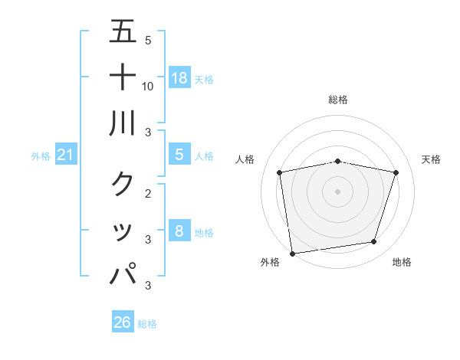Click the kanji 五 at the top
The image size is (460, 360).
123,31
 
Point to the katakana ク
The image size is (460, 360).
123,184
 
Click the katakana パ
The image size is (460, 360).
123,274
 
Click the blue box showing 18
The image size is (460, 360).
179,77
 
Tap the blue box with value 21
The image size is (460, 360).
66,155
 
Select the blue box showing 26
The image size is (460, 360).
123,322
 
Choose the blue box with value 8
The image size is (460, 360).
179,231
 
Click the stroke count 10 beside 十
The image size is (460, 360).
148,86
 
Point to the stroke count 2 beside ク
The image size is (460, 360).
148,194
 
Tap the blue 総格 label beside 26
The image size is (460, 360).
147,324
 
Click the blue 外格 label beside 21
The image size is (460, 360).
41,156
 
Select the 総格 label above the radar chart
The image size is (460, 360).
338,100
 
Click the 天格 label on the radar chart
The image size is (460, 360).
432,159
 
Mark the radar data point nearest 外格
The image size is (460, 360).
292,253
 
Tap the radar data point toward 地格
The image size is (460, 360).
374,242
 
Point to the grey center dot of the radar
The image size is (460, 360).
338,191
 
